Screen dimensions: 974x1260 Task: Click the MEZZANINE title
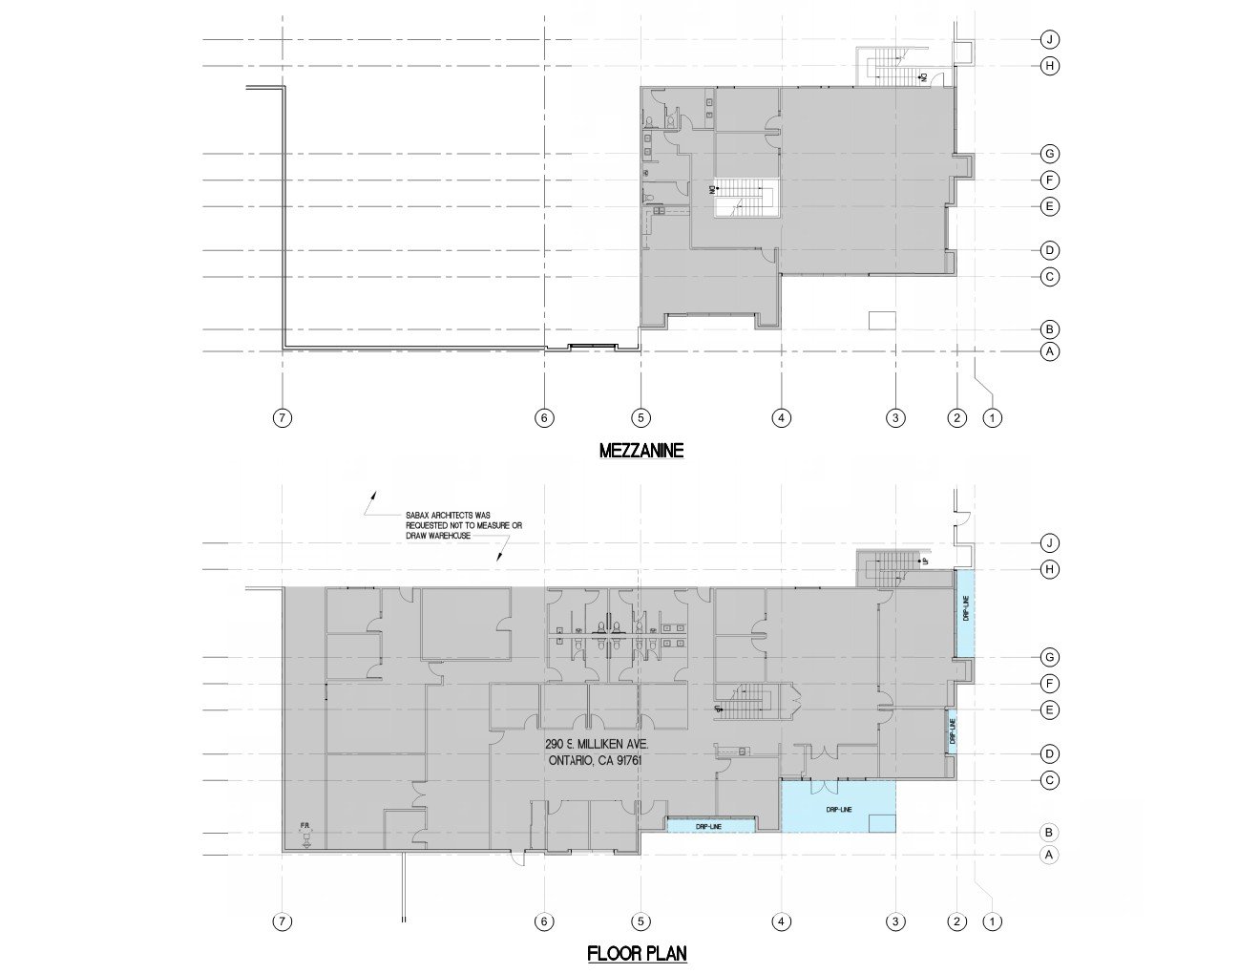(x=640, y=451)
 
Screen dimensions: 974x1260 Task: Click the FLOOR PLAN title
(x=637, y=953)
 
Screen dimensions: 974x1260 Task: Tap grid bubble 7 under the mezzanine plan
(x=283, y=417)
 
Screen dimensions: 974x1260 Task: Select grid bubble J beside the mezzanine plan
(x=1049, y=39)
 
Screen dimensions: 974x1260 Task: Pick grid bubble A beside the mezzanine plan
(x=1049, y=351)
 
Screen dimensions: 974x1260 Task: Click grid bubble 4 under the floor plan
(x=781, y=921)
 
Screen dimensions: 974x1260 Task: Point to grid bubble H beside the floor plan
(x=1049, y=569)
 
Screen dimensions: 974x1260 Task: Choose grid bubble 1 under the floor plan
(x=993, y=921)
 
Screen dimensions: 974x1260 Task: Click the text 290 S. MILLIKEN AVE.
(x=598, y=744)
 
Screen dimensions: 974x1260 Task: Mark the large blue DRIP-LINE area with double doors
(x=838, y=808)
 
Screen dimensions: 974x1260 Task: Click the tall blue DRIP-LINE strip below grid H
(x=965, y=612)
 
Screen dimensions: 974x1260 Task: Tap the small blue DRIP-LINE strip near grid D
(x=952, y=731)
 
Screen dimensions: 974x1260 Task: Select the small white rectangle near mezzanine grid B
(x=882, y=320)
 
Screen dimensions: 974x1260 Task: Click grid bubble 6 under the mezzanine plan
(x=544, y=417)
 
